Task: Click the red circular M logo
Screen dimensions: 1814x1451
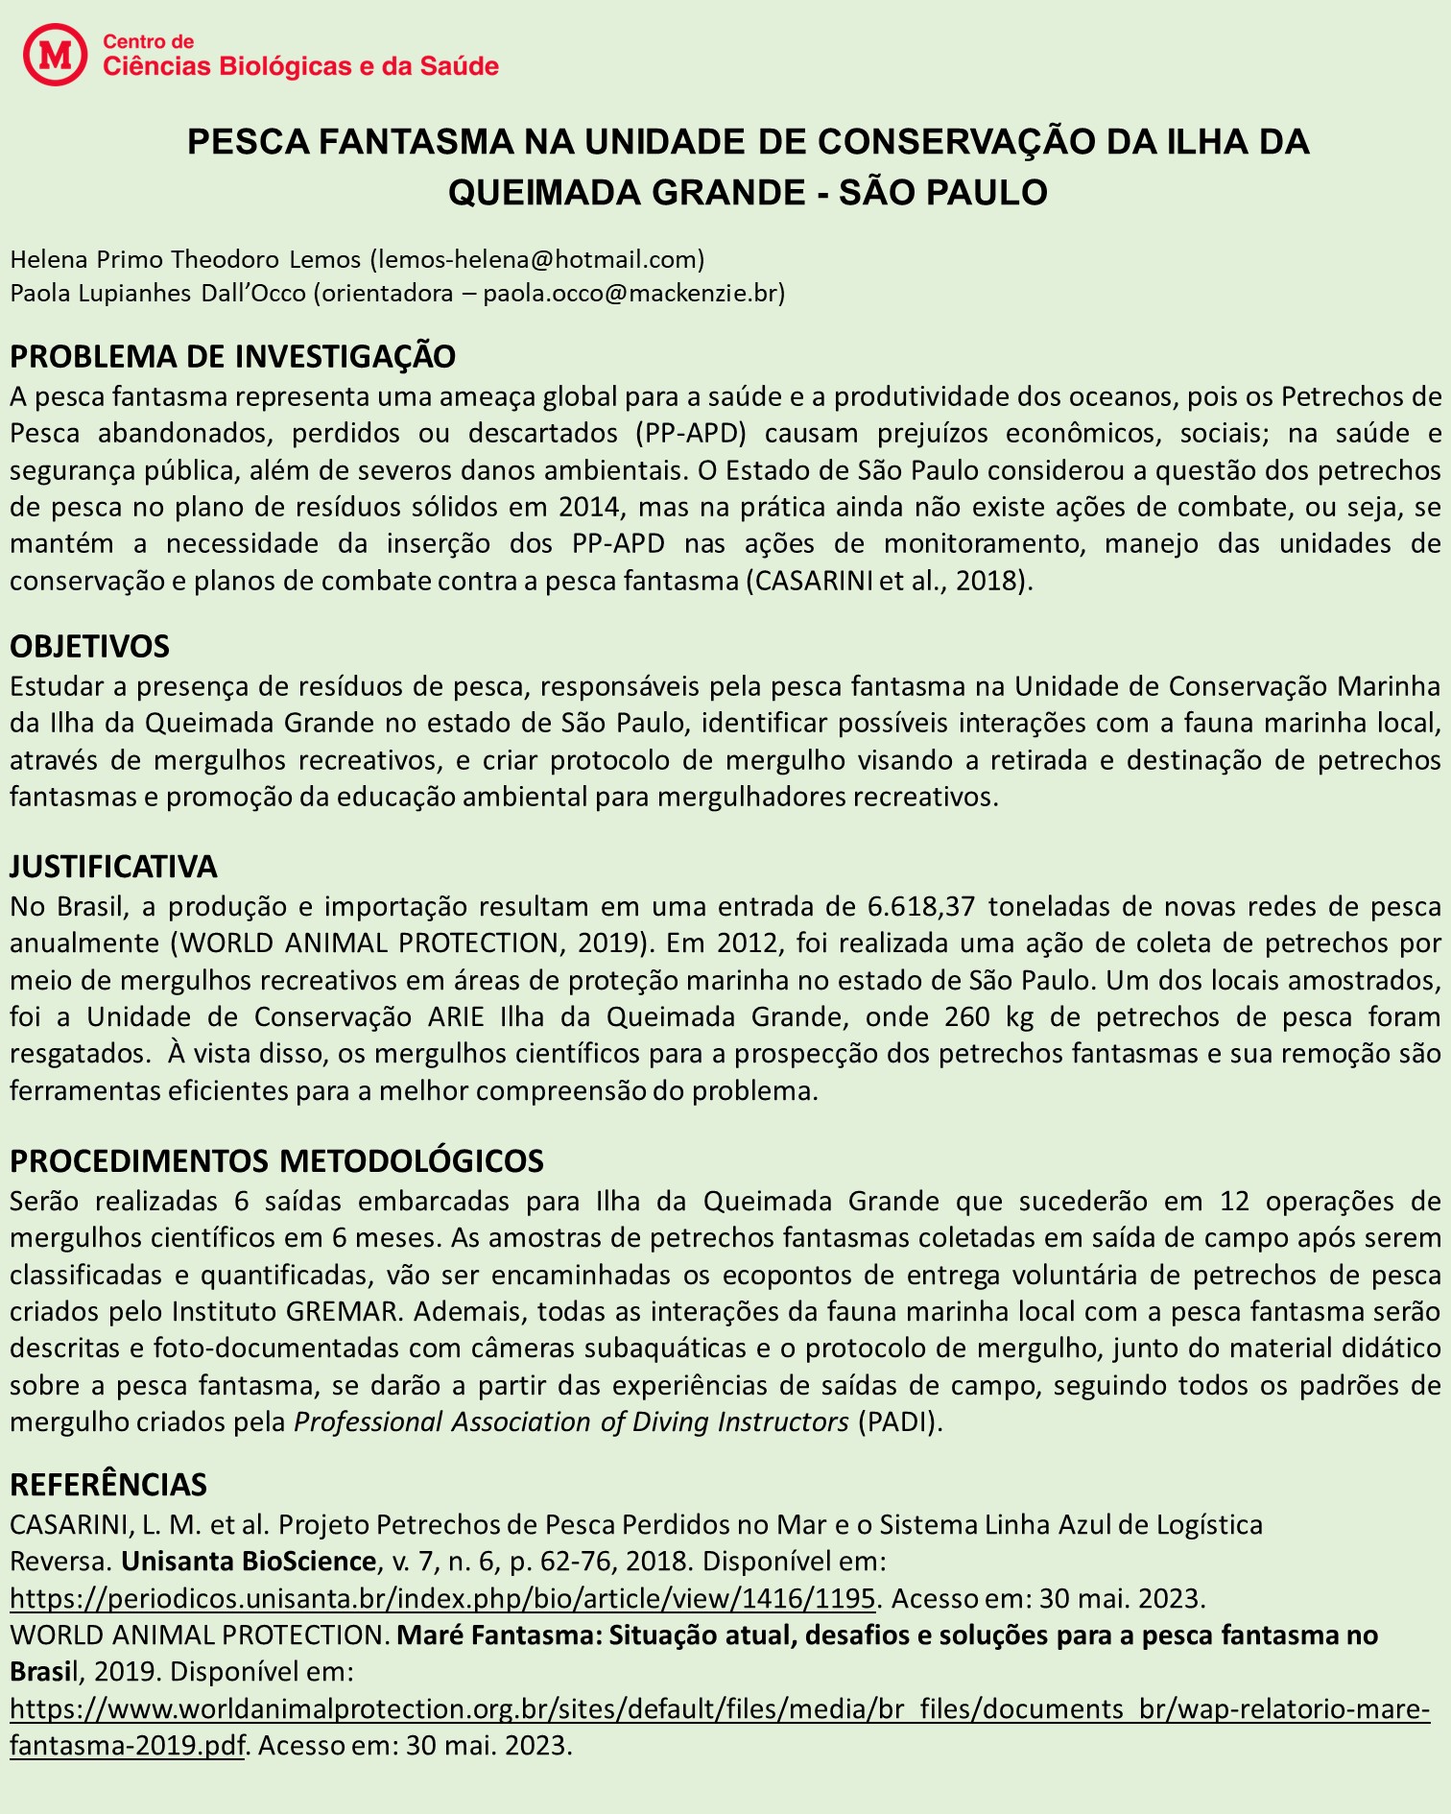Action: pyautogui.click(x=55, y=55)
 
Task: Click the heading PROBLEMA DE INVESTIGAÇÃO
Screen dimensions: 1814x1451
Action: pyautogui.click(x=232, y=356)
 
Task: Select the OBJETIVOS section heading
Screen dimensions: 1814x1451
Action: pyautogui.click(x=89, y=646)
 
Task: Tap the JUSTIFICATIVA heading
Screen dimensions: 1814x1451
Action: pyautogui.click(x=113, y=866)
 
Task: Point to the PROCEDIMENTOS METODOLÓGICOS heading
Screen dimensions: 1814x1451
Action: pyautogui.click(x=276, y=1160)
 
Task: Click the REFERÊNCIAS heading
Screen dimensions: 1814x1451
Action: pyautogui.click(x=107, y=1484)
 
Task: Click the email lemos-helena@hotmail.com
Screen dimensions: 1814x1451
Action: pyautogui.click(x=537, y=258)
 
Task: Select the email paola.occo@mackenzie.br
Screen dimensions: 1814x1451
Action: pyautogui.click(x=633, y=293)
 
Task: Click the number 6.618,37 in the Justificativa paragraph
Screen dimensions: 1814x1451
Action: pyautogui.click(x=921, y=906)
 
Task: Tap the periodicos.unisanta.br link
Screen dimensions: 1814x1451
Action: pyautogui.click(x=442, y=1598)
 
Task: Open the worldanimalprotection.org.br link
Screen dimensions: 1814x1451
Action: pyautogui.click(x=720, y=1708)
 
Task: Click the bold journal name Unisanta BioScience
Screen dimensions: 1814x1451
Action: pyautogui.click(x=248, y=1561)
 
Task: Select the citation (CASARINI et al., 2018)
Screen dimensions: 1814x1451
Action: pyautogui.click(x=889, y=581)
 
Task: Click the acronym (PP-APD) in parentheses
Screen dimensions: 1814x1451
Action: pyautogui.click(x=690, y=432)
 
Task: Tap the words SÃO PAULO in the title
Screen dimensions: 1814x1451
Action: pyautogui.click(x=943, y=192)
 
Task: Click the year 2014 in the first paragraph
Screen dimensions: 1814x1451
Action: pyautogui.click(x=590, y=506)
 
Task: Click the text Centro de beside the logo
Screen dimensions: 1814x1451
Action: pyautogui.click(x=148, y=41)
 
